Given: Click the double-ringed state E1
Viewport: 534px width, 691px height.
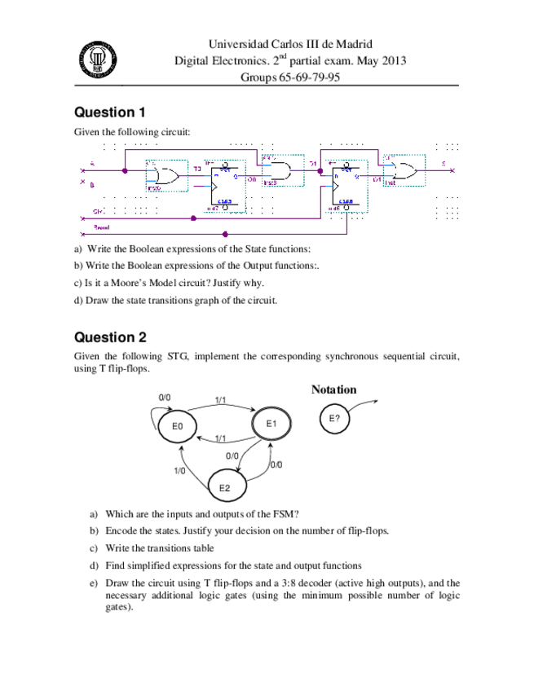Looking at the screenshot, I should [272, 424].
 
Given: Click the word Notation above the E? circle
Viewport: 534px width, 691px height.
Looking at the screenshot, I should [333, 390].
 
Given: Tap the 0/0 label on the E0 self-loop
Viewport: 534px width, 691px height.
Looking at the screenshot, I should [165, 397].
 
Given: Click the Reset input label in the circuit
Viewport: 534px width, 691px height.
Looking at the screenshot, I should [102, 227].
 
